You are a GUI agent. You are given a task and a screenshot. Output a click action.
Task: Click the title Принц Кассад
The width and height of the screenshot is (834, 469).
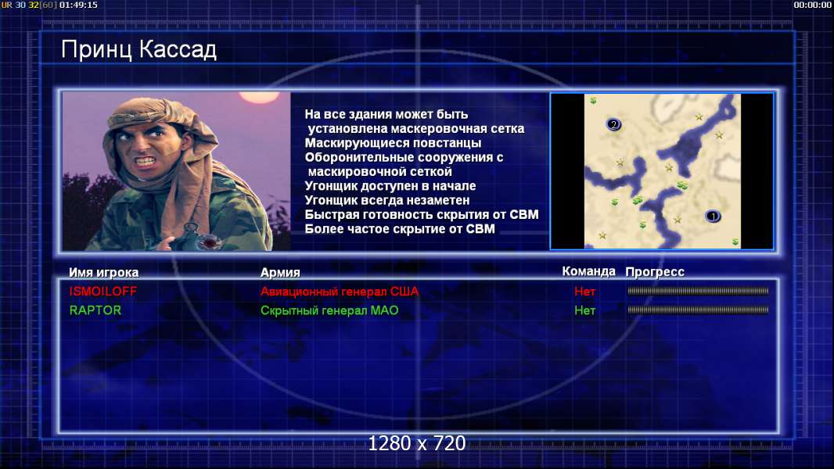click(138, 50)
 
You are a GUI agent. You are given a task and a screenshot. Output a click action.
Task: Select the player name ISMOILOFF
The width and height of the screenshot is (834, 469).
click(103, 291)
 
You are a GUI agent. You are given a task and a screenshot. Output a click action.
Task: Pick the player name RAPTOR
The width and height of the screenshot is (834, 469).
click(95, 310)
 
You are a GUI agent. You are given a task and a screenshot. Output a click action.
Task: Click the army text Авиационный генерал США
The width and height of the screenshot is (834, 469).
click(340, 291)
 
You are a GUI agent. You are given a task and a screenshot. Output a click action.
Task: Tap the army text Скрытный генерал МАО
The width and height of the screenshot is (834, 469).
click(329, 310)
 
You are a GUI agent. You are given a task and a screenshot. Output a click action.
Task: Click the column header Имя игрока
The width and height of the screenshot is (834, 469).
click(104, 273)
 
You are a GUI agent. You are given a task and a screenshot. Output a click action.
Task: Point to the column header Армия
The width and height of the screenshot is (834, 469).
click(280, 273)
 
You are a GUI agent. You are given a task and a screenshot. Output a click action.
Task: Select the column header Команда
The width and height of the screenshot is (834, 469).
click(588, 271)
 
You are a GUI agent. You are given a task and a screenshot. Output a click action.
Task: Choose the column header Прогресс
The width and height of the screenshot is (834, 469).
click(655, 272)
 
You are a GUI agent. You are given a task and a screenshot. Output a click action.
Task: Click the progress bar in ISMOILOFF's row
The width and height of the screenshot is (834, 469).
click(698, 291)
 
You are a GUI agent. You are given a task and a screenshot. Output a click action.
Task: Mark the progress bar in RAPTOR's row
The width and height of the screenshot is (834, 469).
click(698, 310)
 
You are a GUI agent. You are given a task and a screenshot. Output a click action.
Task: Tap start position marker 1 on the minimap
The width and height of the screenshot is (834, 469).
click(713, 217)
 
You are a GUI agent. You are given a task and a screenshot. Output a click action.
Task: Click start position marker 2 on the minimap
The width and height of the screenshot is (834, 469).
click(613, 125)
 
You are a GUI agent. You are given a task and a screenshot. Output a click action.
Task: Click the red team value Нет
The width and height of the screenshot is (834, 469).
click(584, 291)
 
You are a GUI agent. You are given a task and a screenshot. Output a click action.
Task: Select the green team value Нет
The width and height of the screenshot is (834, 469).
click(584, 310)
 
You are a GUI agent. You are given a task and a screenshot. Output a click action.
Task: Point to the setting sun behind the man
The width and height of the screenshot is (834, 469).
click(260, 97)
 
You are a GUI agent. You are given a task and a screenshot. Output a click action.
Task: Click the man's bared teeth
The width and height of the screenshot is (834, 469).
click(145, 160)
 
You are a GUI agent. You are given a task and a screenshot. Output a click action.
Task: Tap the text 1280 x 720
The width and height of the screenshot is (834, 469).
click(417, 443)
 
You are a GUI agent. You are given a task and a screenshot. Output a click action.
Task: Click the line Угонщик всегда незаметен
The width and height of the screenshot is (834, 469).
click(387, 200)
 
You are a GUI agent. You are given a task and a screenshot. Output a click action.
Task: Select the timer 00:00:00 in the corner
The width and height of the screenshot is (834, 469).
click(812, 5)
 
